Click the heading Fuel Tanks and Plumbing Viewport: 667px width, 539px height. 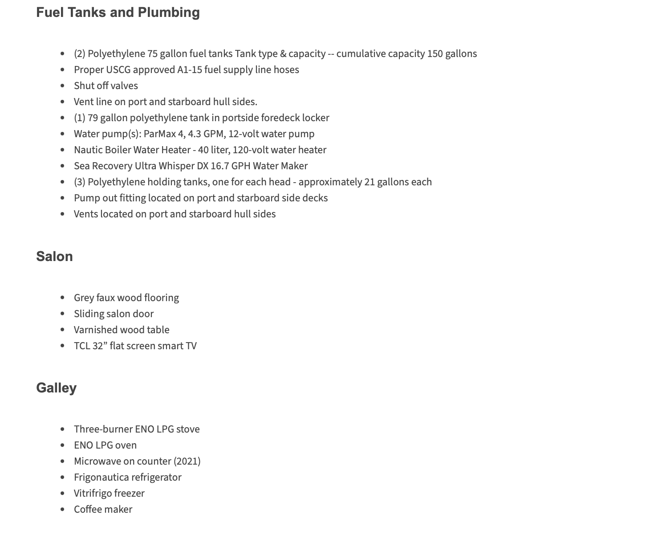118,12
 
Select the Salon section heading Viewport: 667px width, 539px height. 54,257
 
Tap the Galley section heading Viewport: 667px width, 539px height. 56,388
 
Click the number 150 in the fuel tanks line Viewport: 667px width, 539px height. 435,54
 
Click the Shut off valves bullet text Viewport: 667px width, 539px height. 106,86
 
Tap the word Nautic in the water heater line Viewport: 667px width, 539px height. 88,150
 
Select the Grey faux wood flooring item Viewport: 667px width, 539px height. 126,298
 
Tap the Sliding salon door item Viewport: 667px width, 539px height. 114,314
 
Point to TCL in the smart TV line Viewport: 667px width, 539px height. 82,346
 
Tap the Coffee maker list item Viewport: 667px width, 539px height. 103,510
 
